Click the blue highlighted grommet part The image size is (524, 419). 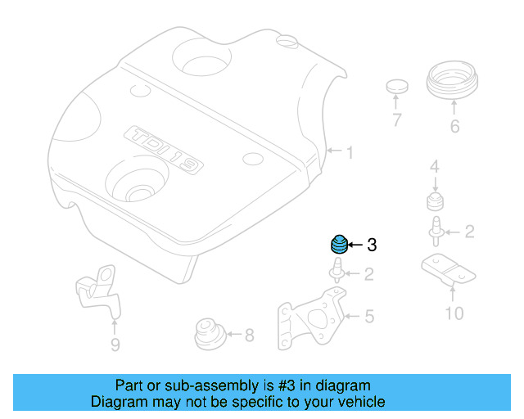point(338,244)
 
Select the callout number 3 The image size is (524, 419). point(371,245)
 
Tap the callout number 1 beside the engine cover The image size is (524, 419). point(349,152)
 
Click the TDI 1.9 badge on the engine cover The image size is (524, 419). point(163,150)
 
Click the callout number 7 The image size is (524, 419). point(397,121)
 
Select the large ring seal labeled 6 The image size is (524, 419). point(454,83)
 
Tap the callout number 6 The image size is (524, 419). point(454,126)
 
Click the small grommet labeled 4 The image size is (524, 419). point(435,201)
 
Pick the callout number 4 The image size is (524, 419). point(435,168)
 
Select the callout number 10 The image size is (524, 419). point(453,313)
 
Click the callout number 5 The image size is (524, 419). point(369,315)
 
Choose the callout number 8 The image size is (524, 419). point(249,334)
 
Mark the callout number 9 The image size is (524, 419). point(115,345)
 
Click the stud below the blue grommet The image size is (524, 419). point(337,269)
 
